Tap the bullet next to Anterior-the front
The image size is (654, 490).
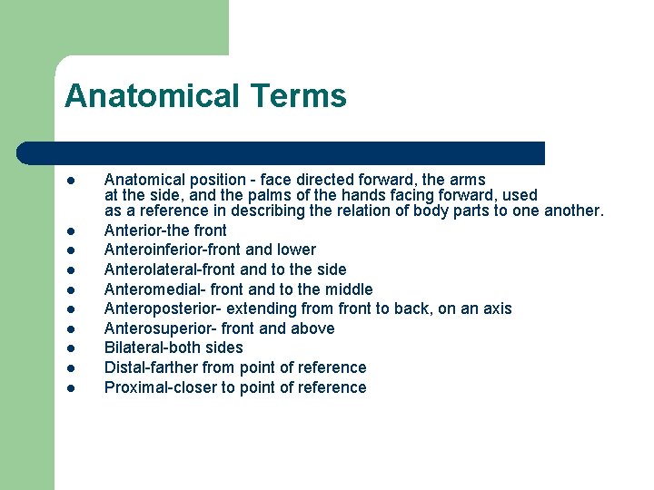(x=70, y=230)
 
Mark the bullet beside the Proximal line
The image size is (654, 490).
(x=70, y=388)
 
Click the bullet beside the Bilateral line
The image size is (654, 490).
(x=70, y=348)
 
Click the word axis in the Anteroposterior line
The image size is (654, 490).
(x=497, y=309)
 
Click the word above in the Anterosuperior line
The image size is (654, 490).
(x=313, y=328)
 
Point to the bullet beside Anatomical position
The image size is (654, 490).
(x=70, y=181)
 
